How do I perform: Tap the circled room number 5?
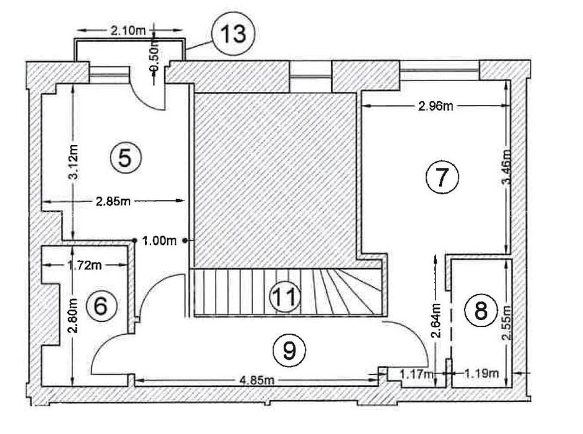(x=125, y=158)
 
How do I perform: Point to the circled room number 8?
(x=480, y=311)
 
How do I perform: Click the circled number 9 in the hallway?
(x=289, y=350)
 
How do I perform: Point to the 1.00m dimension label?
(x=159, y=240)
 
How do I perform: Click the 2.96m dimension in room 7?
(x=435, y=106)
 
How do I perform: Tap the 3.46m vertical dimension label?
(x=507, y=167)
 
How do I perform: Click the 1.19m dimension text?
(x=481, y=373)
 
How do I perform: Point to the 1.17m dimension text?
(x=416, y=373)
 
